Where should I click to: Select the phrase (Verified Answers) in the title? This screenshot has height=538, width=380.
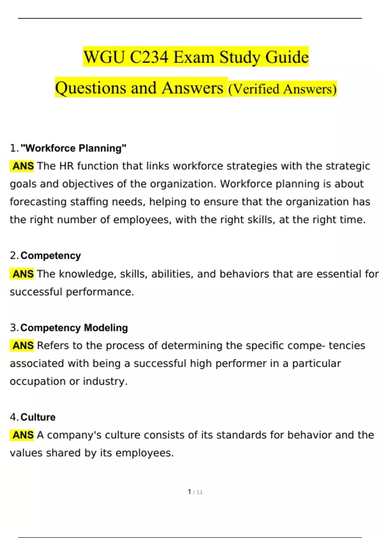[282, 89]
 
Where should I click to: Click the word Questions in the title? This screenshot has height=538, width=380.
[91, 88]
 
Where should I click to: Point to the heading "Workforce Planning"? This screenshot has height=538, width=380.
[73, 148]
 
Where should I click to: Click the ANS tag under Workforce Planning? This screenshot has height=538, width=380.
[23, 166]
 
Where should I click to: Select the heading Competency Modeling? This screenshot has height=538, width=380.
[74, 328]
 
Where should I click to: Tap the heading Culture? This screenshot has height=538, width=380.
[38, 417]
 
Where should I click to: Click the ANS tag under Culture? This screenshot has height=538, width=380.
[23, 435]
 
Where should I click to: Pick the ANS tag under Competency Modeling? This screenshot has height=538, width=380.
[23, 345]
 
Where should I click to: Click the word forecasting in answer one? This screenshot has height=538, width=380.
[38, 202]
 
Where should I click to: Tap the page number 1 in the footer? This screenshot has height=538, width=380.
[189, 492]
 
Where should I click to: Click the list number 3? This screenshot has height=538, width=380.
[13, 328]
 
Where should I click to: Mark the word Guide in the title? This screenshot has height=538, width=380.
[287, 57]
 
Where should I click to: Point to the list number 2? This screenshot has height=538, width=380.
[13, 255]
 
